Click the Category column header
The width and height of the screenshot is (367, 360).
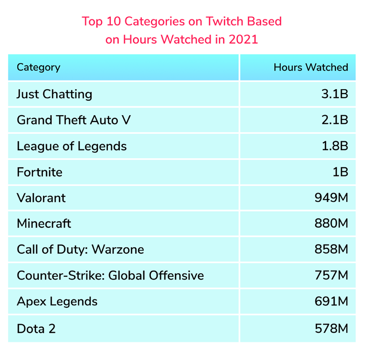pos(38,67)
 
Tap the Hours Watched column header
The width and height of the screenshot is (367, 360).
pos(311,67)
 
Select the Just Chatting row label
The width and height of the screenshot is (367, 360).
pos(54,94)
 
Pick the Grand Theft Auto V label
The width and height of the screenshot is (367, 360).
pos(74,120)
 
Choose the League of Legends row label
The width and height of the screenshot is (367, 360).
pos(72,146)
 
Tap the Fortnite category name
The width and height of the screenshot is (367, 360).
pos(39,172)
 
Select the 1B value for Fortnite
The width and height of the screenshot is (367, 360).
pos(340,172)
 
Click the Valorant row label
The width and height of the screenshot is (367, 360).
pos(41,198)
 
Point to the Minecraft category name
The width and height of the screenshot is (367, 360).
pos(44,223)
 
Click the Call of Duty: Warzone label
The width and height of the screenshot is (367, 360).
pos(80,249)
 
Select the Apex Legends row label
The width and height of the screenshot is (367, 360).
pos(57,301)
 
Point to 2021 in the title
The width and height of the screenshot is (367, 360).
pos(243,40)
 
